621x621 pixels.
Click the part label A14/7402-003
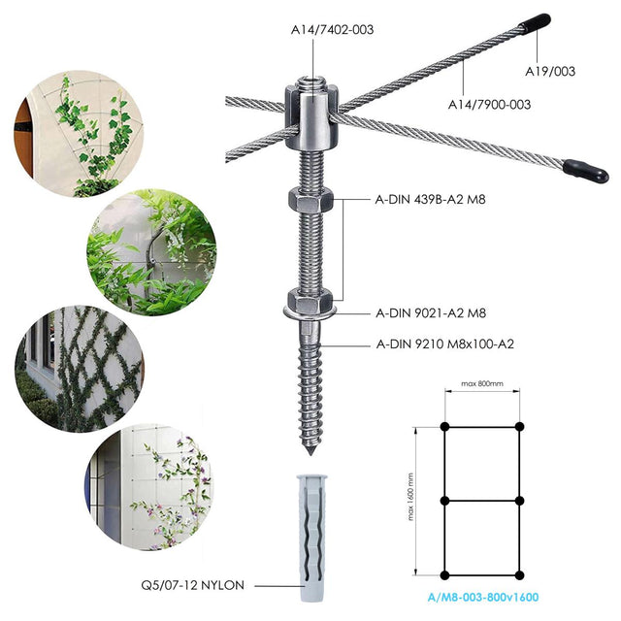tap(332, 30)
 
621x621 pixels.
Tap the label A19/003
tap(550, 71)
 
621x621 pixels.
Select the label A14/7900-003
tap(489, 105)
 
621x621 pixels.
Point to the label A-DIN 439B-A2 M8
tap(430, 199)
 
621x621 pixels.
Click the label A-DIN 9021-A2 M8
tap(431, 313)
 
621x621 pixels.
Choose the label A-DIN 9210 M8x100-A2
tap(444, 343)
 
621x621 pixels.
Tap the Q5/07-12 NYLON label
tap(192, 585)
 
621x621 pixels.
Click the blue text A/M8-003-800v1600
tap(483, 598)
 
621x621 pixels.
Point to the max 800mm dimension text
tap(482, 383)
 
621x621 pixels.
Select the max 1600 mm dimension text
tap(410, 496)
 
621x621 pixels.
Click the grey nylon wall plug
tap(312, 537)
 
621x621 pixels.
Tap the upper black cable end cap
tap(535, 23)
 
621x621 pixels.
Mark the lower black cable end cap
tap(586, 171)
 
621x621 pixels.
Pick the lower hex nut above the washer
tap(310, 300)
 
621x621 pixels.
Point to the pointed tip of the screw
tap(310, 453)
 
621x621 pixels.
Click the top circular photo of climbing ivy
tap(79, 134)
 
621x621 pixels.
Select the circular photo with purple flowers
tap(149, 486)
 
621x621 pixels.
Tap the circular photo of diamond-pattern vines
tap(80, 369)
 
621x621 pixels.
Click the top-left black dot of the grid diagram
tap(444, 427)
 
